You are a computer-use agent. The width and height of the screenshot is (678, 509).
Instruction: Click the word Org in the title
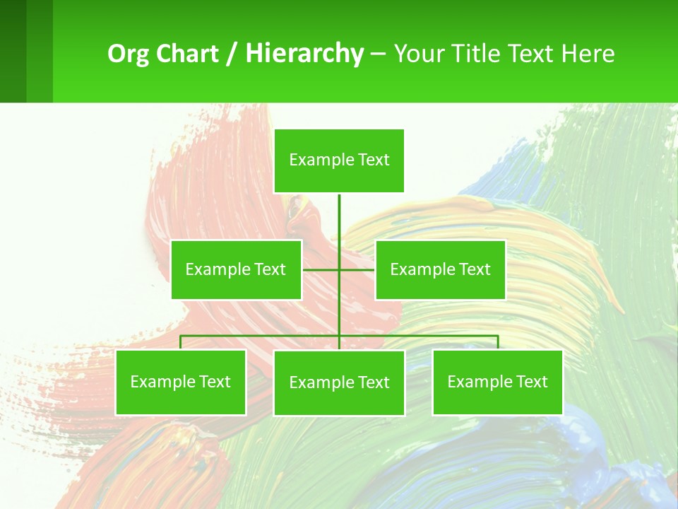click(129, 54)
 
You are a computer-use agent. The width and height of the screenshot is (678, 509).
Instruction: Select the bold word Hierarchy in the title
click(304, 54)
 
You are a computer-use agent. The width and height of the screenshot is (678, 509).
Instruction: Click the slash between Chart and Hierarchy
click(232, 54)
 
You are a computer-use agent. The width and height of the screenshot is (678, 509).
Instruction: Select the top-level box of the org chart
click(339, 160)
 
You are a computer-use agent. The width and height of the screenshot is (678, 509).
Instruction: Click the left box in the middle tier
click(236, 269)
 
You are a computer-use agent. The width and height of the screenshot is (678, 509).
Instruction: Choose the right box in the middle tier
click(440, 269)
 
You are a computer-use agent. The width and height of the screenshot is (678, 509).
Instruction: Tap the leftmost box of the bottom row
click(181, 382)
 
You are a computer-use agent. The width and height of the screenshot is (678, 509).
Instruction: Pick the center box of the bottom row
click(339, 382)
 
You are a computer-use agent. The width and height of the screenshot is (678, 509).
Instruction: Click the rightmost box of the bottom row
click(497, 382)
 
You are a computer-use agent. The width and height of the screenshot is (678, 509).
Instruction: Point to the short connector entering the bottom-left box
click(181, 342)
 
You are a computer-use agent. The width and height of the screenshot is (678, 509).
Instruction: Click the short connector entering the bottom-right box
click(497, 342)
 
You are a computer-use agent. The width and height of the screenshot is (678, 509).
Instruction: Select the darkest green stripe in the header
click(13, 51)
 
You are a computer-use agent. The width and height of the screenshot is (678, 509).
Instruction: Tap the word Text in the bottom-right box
click(531, 382)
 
